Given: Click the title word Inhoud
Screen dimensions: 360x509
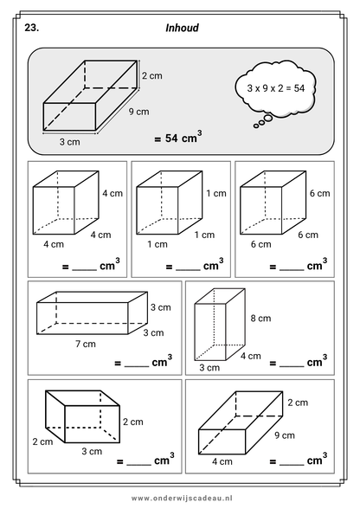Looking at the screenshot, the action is point(182,28).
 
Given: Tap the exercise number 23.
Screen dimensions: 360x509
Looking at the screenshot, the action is point(31,28).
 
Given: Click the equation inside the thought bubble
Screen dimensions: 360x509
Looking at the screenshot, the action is point(275,88).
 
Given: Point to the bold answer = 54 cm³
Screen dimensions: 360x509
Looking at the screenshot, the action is point(178,138).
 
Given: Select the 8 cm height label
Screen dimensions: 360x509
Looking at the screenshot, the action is point(260,319).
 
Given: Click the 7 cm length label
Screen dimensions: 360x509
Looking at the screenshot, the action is point(86,344).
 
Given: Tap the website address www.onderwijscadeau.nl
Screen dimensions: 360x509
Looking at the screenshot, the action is point(182,498).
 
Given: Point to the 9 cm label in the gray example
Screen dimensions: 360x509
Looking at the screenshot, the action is point(139,112).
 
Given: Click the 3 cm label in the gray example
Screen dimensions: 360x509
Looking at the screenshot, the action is point(69,142).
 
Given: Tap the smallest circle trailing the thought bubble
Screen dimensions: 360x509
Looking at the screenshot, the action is point(256,126).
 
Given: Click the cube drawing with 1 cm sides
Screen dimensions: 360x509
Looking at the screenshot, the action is point(170,203).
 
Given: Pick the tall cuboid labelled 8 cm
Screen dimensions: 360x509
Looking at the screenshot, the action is point(220,325).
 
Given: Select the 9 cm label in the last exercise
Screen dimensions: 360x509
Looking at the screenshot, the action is point(285,435).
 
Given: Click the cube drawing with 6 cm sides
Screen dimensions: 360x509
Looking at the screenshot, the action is point(273,203).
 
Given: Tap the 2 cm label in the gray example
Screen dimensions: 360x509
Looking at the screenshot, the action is point(152,75).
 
